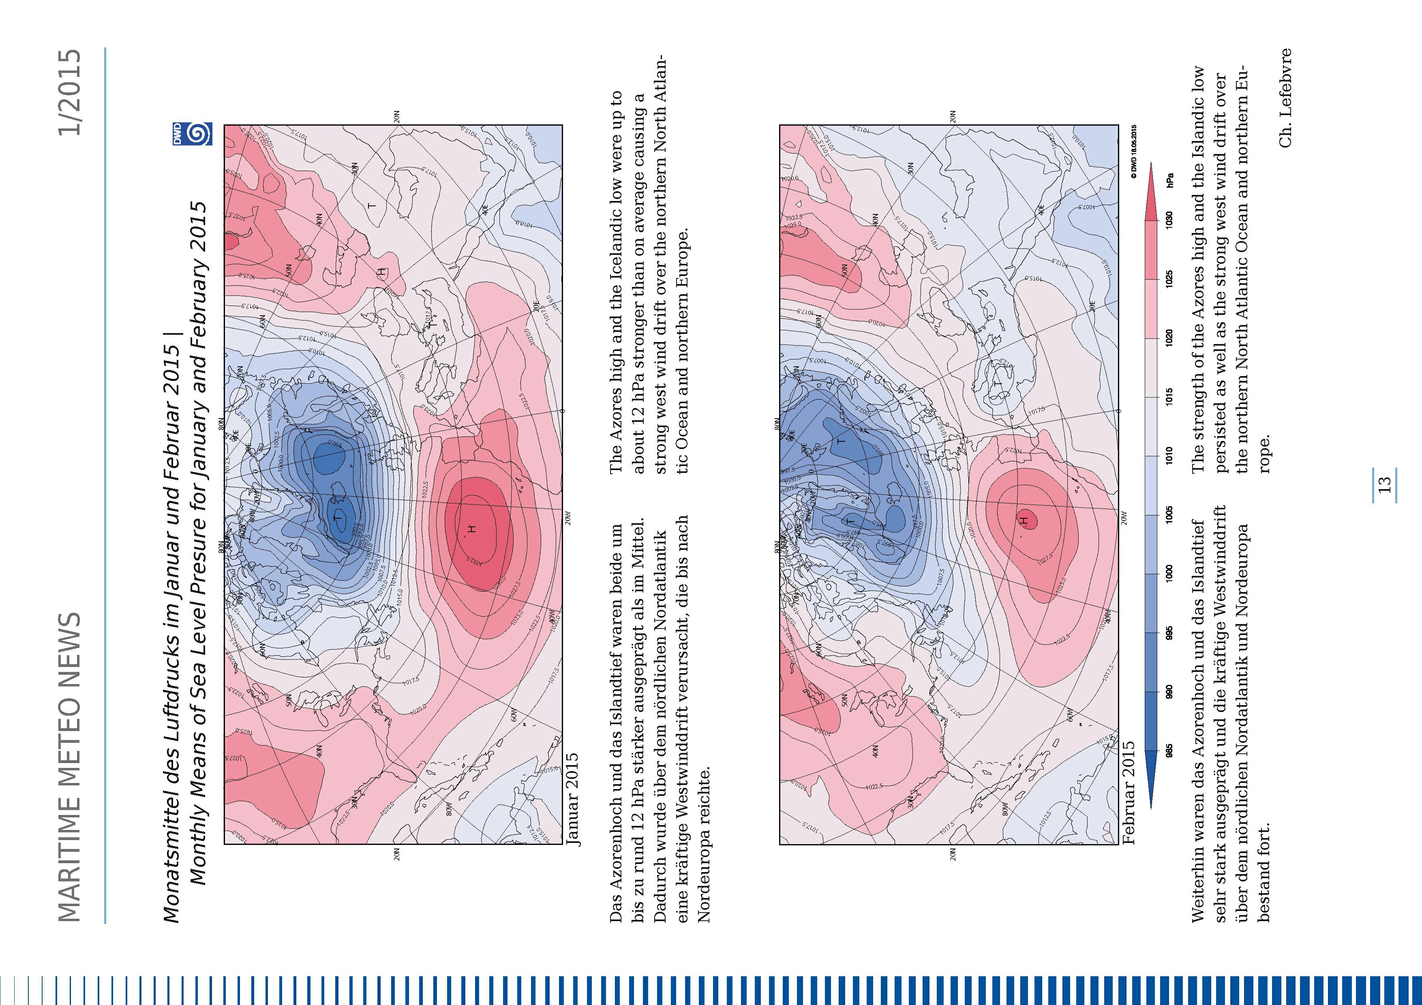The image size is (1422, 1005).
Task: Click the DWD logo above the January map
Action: click(192, 135)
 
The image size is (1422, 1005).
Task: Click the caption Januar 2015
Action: click(573, 799)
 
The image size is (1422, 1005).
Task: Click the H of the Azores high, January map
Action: click(472, 528)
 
